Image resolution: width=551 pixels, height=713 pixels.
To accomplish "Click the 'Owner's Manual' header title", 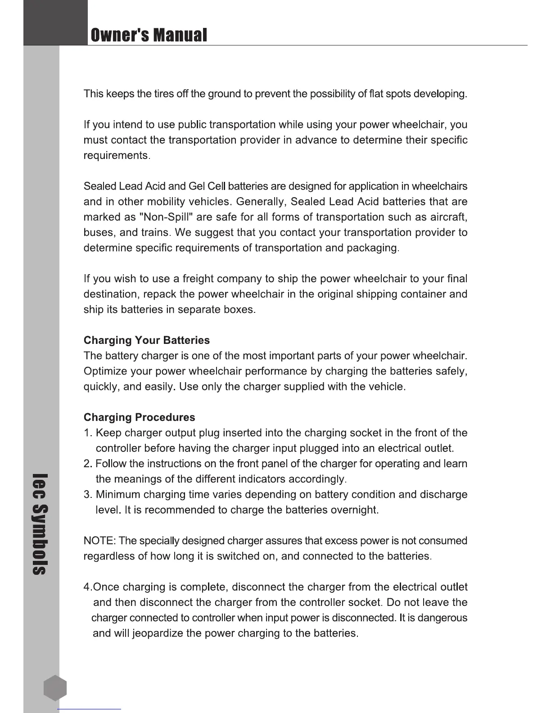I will pyautogui.click(x=149, y=35).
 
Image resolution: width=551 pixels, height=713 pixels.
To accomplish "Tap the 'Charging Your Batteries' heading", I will pyautogui.click(x=147, y=340).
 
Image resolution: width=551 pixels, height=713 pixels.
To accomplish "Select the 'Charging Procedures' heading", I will pyautogui.click(x=140, y=417).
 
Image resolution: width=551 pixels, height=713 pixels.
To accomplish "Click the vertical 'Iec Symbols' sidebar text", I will pyautogui.click(x=41, y=524).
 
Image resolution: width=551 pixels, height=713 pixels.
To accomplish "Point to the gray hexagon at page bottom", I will pyautogui.click(x=55, y=688).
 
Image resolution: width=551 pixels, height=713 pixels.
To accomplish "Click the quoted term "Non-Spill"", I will pyautogui.click(x=167, y=217).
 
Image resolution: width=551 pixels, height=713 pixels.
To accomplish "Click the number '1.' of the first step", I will pyautogui.click(x=88, y=433).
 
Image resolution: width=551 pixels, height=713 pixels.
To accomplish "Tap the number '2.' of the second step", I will pyautogui.click(x=88, y=464).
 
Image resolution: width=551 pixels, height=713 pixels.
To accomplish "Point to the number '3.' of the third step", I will pyautogui.click(x=88, y=495).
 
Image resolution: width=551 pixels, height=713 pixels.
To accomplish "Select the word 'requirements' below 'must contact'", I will pyautogui.click(x=116, y=156).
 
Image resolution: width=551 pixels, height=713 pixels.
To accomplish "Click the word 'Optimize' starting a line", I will pyautogui.click(x=105, y=371).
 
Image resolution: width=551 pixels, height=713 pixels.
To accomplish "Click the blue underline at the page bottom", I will pyautogui.click(x=90, y=709).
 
